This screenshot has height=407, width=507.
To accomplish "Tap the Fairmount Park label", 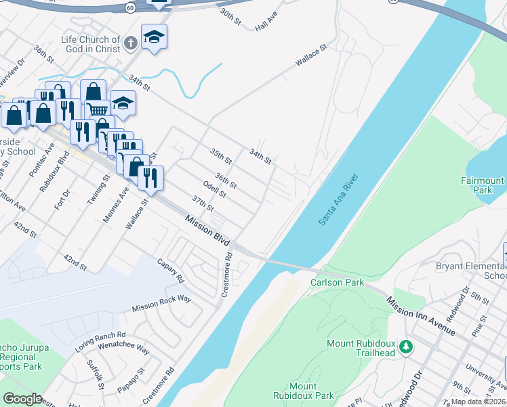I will [483, 186].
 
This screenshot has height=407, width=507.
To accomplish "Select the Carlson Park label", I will [337, 282].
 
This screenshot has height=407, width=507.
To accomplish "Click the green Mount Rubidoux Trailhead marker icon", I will [406, 347].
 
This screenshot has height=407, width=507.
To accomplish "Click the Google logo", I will [22, 399].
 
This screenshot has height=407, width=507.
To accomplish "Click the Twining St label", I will [98, 191].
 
